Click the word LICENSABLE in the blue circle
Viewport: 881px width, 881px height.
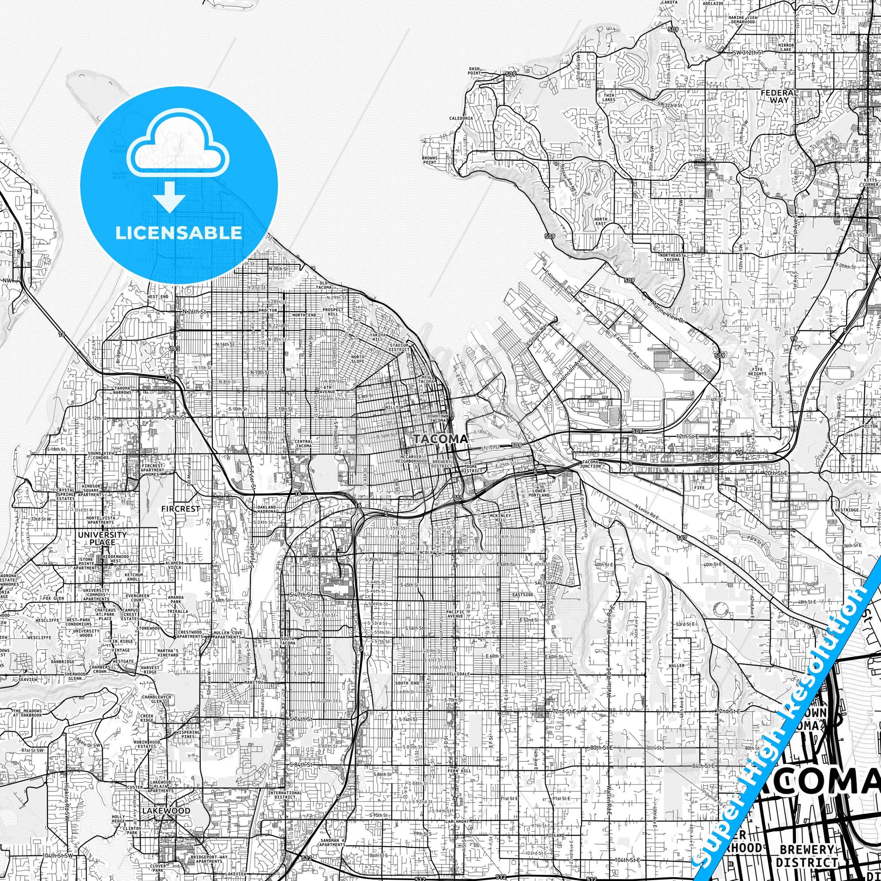(178, 233)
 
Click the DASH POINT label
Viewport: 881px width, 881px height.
(474, 71)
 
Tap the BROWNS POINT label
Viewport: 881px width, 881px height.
(430, 159)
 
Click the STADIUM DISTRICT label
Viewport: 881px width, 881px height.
(399, 348)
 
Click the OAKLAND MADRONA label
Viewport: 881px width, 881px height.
(267, 509)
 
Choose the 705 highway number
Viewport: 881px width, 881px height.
(458, 498)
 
